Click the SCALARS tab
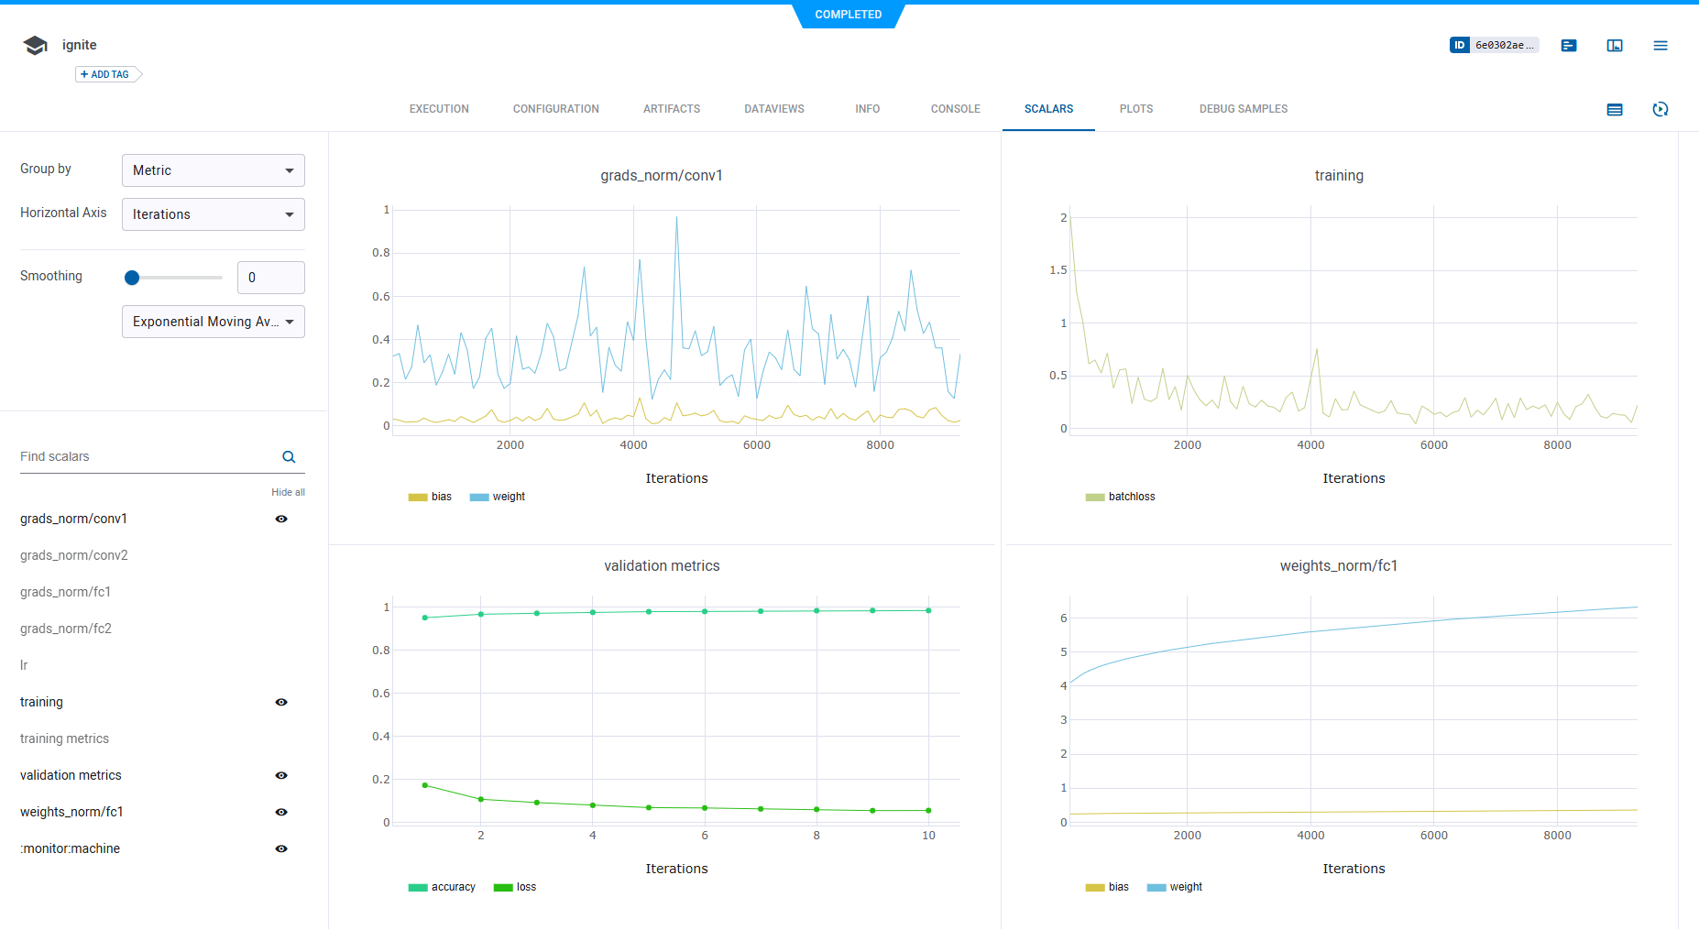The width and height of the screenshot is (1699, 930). [x=1048, y=109]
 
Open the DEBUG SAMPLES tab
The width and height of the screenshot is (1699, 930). [x=1243, y=109]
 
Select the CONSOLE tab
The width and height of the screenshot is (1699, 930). [x=955, y=109]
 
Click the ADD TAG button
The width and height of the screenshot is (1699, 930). [x=105, y=74]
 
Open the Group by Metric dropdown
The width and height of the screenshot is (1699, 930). [x=213, y=170]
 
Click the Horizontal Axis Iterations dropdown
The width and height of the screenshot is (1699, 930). [x=213, y=214]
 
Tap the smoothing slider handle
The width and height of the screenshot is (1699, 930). [x=132, y=278]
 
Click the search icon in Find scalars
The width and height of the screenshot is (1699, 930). [x=289, y=457]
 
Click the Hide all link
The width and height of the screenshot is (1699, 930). [x=288, y=492]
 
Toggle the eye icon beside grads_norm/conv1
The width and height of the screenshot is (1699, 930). [x=281, y=519]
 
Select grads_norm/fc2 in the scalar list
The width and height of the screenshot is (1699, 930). [x=66, y=629]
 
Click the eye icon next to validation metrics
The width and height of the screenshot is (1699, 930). [x=281, y=775]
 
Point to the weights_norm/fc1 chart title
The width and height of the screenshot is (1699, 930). [x=1338, y=566]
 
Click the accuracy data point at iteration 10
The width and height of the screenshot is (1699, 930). [x=928, y=610]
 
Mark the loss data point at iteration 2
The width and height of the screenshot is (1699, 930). [x=481, y=799]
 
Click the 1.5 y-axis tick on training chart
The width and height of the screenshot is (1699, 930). [x=1058, y=270]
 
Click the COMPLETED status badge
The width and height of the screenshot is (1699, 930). [x=848, y=15]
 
